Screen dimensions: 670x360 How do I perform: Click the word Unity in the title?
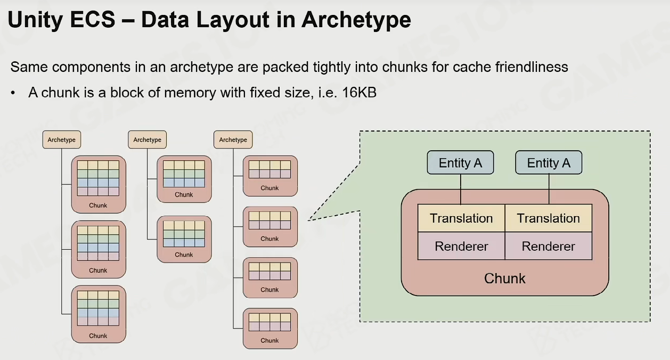pos(35,20)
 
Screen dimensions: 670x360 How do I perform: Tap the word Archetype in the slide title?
pos(356,20)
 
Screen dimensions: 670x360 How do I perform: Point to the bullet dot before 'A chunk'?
pos(13,93)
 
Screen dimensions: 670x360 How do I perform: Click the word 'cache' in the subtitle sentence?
pos(471,67)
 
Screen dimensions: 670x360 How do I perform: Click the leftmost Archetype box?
pos(62,140)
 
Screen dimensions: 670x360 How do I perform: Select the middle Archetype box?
pos(147,140)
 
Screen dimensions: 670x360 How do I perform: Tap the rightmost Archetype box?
pos(233,140)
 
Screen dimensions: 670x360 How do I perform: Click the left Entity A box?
pos(460,162)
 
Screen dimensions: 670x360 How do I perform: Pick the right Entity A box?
pos(549,162)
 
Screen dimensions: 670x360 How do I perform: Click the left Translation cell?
pos(461,218)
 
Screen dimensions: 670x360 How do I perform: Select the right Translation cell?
pos(548,218)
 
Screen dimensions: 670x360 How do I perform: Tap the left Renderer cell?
pos(461,247)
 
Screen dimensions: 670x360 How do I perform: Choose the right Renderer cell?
pos(548,247)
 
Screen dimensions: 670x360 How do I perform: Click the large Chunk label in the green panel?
pos(504,279)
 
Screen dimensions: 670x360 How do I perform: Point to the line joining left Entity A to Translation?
pos(460,189)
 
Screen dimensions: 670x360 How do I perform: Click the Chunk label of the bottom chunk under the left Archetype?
pos(98,336)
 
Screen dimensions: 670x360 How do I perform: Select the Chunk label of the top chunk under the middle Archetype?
pos(184,195)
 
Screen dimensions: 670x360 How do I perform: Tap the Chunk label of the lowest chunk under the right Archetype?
pos(269,341)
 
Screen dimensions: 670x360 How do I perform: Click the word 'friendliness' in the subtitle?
pos(532,67)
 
